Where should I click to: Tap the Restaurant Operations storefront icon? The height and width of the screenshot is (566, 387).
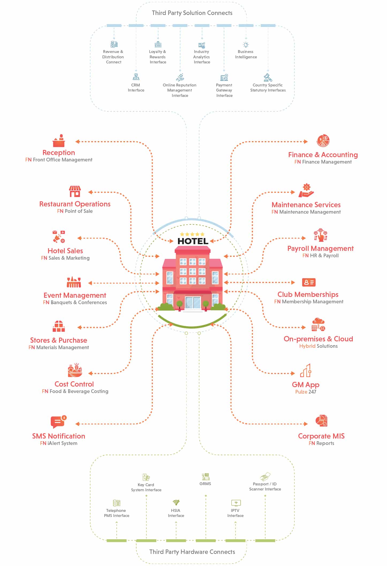click(75, 191)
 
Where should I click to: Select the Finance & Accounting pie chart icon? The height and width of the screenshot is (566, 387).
click(323, 141)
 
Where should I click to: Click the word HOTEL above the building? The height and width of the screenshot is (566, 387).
click(193, 241)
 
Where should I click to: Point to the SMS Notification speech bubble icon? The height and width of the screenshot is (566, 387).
click(59, 422)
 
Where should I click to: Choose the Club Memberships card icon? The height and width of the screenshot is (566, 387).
click(309, 282)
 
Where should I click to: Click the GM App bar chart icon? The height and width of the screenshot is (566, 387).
click(306, 370)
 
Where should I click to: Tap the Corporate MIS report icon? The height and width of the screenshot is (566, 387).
click(321, 421)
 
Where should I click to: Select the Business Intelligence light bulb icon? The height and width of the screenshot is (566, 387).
click(246, 45)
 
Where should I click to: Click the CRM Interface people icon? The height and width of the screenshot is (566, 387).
click(136, 77)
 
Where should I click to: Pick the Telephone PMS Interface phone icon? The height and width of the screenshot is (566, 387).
click(116, 503)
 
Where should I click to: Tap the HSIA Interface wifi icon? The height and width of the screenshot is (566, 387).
click(176, 502)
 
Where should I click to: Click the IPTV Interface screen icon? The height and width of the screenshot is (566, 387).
click(236, 503)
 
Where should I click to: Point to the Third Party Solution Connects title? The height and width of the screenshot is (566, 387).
click(192, 13)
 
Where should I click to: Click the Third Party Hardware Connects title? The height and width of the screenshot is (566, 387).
click(192, 552)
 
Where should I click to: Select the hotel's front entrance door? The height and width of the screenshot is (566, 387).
click(193, 303)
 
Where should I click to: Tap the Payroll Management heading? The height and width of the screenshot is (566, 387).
click(320, 248)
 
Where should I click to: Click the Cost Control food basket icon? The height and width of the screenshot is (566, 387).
click(75, 370)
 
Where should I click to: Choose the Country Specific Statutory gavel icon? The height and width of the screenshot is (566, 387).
click(268, 77)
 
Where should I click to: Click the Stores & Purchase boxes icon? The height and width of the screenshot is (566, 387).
click(59, 326)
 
